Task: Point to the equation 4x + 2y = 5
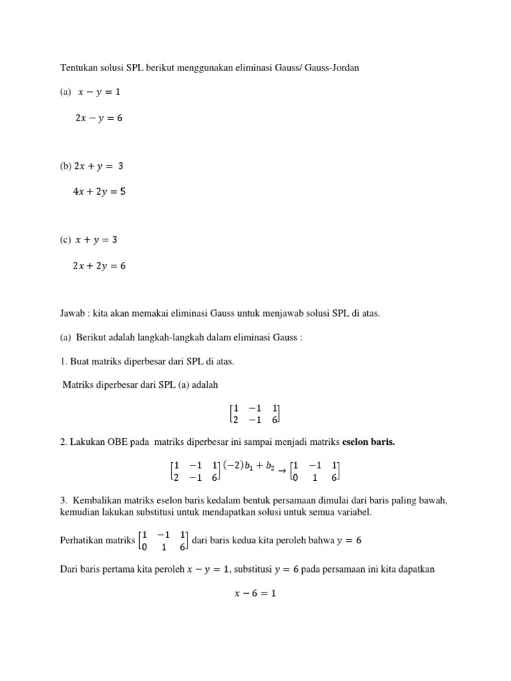tap(99, 192)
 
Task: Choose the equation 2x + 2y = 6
tap(99, 265)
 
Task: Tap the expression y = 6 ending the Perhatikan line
tap(349, 541)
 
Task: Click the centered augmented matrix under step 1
tap(255, 412)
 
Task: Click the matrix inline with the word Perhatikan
tap(162, 541)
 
